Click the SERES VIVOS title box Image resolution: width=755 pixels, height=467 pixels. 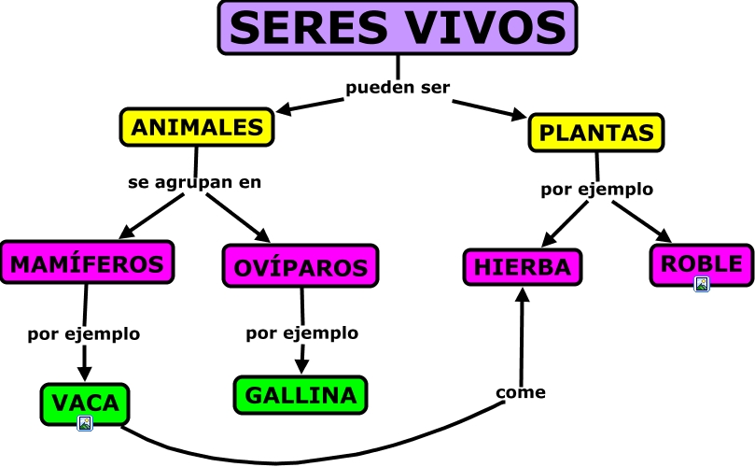point(398,27)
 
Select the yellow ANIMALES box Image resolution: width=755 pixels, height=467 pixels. point(197,128)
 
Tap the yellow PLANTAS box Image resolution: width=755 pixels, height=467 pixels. point(597,133)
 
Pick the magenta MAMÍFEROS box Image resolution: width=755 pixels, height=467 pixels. point(88,263)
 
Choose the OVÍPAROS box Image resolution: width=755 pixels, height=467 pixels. point(301,268)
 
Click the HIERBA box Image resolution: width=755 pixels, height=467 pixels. point(522,266)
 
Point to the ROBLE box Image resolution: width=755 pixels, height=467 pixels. point(701,263)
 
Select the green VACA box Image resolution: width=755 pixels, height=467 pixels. point(85,403)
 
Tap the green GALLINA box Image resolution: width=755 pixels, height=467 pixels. point(301,394)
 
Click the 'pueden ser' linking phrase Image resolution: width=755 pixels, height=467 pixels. point(398,88)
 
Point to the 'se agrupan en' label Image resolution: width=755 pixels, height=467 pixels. point(194,182)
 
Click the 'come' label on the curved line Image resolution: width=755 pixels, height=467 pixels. point(520,392)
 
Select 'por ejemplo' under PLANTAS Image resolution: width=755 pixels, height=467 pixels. point(596,189)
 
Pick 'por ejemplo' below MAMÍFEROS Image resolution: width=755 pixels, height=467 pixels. point(83,333)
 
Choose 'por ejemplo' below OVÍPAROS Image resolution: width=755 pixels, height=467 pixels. point(301,333)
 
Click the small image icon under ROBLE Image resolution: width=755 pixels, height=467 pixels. point(701,284)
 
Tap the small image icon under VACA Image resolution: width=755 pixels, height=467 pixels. point(85,423)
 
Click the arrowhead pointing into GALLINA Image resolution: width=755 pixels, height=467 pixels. point(301,366)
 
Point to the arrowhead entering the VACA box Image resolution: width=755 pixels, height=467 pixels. point(85,374)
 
